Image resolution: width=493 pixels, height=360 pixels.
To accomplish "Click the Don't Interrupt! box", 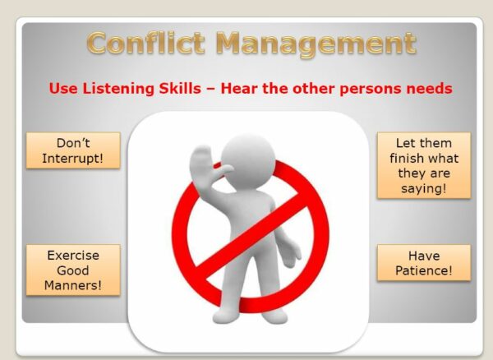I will coord(72,150).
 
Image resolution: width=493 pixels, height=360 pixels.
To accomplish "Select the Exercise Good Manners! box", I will coord(72,270).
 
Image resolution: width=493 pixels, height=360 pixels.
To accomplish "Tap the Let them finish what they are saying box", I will coord(424,165).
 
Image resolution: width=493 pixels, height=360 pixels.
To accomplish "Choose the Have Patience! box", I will coord(424,262).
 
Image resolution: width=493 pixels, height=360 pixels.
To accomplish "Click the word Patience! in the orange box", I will coord(424,270).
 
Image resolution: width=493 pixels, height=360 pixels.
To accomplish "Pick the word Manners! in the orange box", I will coord(72,285).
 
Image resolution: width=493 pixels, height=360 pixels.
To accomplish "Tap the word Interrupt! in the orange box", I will coord(72,158).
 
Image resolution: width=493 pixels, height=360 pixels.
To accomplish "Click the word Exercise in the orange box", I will coord(72,255).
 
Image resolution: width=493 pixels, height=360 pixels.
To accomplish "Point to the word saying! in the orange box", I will coord(424,188).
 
